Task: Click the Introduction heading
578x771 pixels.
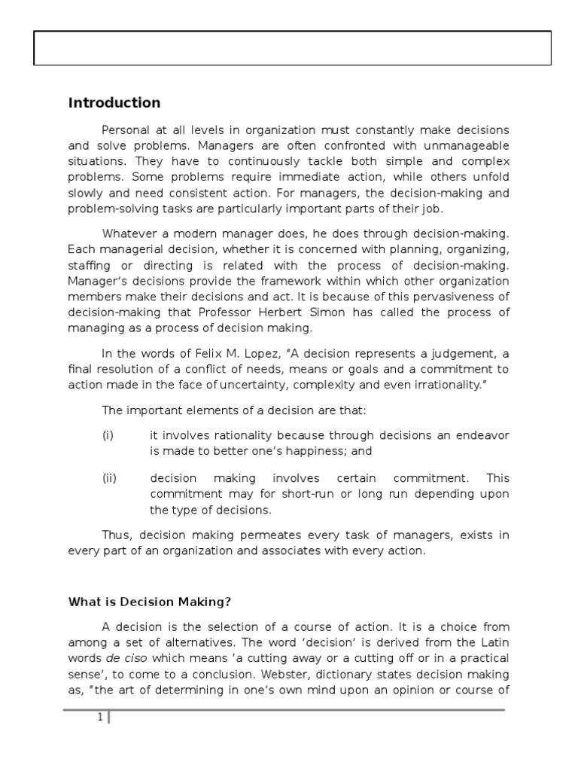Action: (x=114, y=102)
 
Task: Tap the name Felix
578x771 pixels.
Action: (x=214, y=355)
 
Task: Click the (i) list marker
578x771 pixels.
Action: (x=108, y=435)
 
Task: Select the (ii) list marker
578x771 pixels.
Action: (x=109, y=478)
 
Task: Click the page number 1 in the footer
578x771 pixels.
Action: (x=99, y=718)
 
